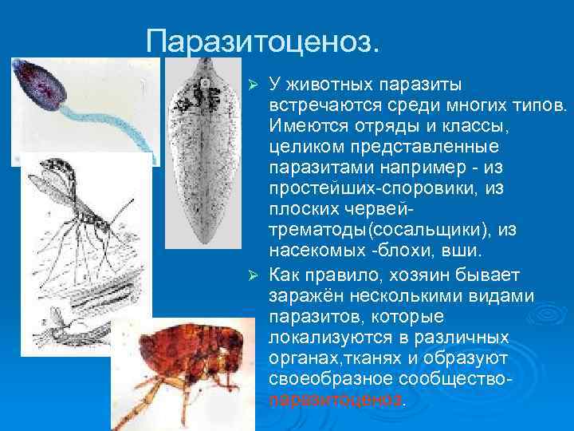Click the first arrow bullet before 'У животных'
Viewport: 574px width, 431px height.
pos(254,85)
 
